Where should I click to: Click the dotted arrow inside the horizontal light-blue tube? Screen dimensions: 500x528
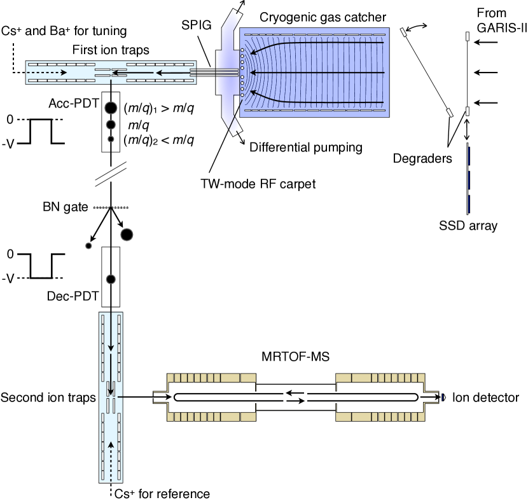[48, 73]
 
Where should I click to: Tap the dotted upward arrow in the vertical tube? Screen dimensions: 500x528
[111, 459]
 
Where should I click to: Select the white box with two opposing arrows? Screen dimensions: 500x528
[295, 398]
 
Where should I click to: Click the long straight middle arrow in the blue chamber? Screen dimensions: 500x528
[318, 73]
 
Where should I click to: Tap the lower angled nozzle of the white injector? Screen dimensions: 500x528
[233, 126]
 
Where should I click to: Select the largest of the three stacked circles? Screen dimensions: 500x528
[111, 108]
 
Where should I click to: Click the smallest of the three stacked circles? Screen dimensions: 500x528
[111, 139]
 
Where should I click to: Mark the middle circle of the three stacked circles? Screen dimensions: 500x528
[111, 125]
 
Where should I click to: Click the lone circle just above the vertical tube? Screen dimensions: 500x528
[111, 279]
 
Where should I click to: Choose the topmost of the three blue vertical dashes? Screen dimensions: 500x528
[469, 156]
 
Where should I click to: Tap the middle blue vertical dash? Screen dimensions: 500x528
[469, 180]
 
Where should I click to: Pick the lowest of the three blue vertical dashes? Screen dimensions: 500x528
[469, 204]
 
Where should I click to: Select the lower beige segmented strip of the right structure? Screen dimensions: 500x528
[380, 417]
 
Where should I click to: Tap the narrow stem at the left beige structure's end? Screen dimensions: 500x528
[160, 398]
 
